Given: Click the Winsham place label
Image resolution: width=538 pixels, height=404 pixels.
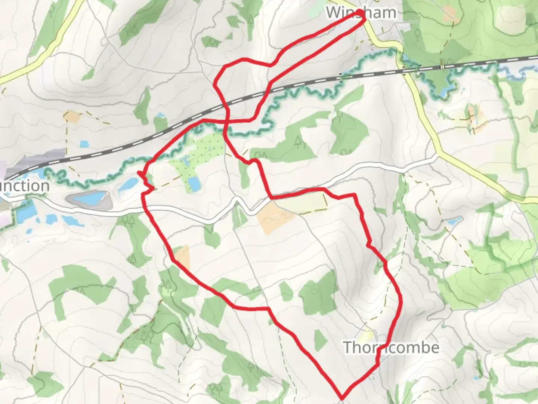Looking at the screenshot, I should pos(361,13).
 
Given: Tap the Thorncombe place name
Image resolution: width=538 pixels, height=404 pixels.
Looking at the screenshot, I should pos(391,348).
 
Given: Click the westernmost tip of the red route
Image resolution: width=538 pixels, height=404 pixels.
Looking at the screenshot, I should pos(139,173).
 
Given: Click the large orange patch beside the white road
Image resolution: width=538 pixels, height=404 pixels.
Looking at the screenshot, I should pos(276,217).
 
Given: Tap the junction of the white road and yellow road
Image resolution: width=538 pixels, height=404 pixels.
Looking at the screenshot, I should pos(437,155).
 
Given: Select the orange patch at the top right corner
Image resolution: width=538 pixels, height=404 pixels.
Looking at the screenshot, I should pos(450,14).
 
